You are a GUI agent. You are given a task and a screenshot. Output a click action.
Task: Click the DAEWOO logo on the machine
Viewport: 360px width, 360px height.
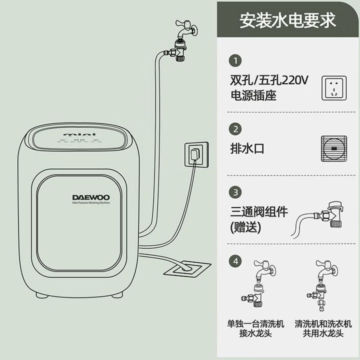tap(91, 197)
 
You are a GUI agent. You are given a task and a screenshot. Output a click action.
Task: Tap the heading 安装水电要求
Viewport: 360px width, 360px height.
tap(288, 20)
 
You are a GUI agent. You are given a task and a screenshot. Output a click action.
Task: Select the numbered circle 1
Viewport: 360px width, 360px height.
tap(235, 61)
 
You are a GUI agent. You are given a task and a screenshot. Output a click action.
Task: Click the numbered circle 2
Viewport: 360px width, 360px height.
tap(235, 129)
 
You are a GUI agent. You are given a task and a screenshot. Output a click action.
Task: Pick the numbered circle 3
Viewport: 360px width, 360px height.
tap(235, 192)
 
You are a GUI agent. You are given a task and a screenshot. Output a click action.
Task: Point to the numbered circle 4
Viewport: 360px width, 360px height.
tap(235, 262)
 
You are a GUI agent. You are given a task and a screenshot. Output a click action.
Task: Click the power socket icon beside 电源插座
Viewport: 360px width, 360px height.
tap(334, 88)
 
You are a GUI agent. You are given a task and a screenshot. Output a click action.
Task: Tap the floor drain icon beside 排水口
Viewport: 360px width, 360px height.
tap(334, 149)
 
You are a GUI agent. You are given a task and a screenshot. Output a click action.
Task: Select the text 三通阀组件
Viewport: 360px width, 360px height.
tap(259, 212)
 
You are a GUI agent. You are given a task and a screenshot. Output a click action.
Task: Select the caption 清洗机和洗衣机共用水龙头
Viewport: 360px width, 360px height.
tap(323, 328)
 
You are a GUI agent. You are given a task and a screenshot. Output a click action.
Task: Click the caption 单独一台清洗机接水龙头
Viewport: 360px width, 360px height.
tap(255, 328)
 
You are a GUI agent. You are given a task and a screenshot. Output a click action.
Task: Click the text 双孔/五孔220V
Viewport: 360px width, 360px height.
tap(269, 81)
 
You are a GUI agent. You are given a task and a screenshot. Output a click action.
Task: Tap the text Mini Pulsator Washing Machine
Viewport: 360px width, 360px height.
tap(91, 203)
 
